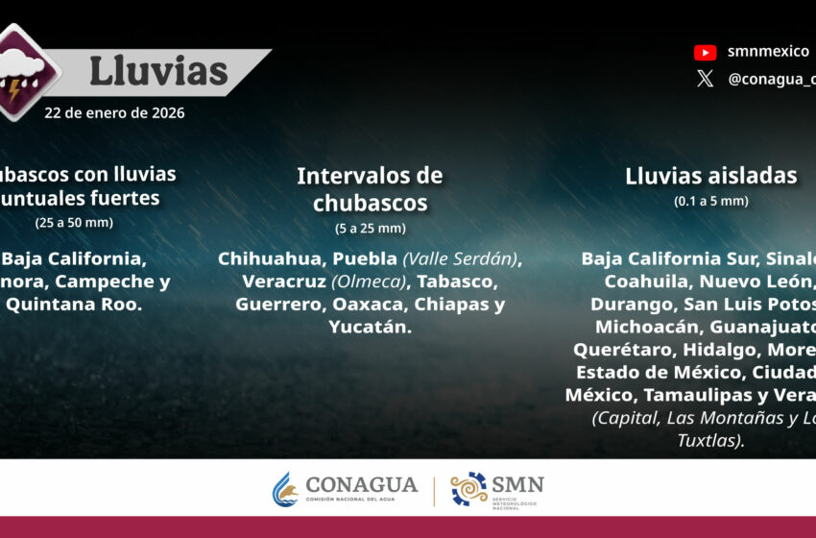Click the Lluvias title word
tap(158, 71)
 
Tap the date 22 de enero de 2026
tap(114, 112)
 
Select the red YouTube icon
tap(705, 53)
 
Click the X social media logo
tap(705, 80)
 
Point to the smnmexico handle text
tap(768, 52)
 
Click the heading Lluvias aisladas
tap(710, 176)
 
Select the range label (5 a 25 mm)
tap(370, 229)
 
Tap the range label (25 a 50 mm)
tap(74, 223)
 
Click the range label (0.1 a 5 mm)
tap(710, 201)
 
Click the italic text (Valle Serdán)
tap(461, 258)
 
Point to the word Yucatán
tap(370, 328)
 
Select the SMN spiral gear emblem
tap(469, 488)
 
